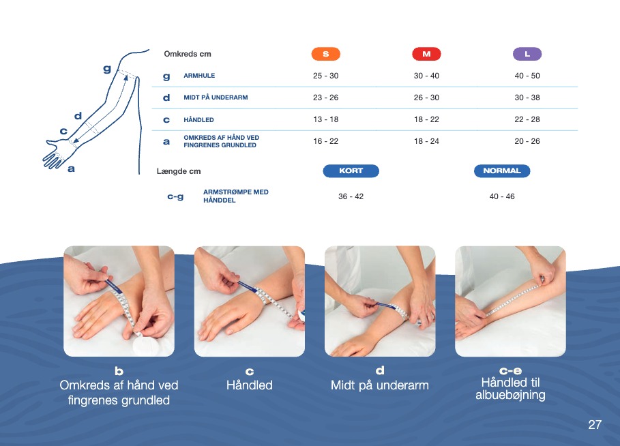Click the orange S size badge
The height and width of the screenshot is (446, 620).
coord(326,54)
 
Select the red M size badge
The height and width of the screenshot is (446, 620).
coord(426,54)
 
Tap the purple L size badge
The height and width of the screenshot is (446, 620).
coord(527,54)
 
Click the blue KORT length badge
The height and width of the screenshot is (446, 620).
coord(351,170)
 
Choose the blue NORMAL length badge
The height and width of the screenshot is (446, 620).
coord(502,170)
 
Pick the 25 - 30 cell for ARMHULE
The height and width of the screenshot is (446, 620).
coord(326,76)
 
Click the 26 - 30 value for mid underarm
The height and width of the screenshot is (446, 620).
coord(426,98)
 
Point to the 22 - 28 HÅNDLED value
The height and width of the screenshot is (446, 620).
coord(527,119)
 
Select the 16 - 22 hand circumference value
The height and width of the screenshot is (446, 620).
coord(326,141)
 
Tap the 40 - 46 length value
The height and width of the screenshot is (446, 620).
coord(502,196)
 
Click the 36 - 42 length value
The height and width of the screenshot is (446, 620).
coord(351,196)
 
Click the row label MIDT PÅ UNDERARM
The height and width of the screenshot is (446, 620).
coord(216,98)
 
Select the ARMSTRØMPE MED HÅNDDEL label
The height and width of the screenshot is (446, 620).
coord(236,196)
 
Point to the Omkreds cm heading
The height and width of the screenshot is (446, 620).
coord(188,54)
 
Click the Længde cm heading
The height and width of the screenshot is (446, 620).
coord(179,171)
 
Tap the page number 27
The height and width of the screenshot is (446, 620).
coord(595,425)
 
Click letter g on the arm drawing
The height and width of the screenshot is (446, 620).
coord(107,69)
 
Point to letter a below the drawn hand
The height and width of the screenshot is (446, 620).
coord(71,169)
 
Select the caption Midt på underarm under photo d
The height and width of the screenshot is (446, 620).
coord(380,385)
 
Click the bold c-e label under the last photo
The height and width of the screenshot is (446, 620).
coord(510,371)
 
